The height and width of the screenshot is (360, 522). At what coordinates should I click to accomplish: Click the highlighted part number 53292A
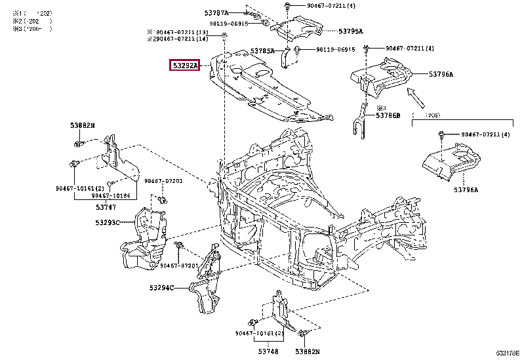(186, 65)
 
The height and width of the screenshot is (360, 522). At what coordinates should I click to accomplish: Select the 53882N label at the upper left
(83, 125)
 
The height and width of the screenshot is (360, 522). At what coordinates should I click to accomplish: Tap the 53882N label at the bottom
(313, 352)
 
